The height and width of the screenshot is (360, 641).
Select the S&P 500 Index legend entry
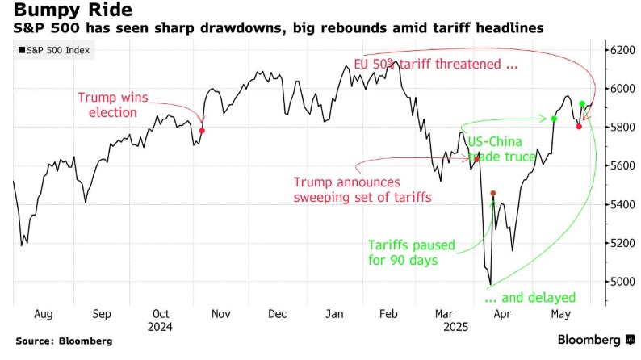pyautogui.click(x=54, y=52)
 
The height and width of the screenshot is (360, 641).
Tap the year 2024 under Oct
pyautogui.click(x=161, y=328)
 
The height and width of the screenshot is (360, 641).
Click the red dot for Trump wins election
pyautogui.click(x=202, y=130)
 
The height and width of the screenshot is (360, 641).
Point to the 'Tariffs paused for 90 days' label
pyautogui.click(x=412, y=253)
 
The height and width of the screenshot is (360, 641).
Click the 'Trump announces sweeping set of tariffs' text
pyautogui.click(x=362, y=190)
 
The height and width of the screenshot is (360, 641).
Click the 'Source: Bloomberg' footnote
pyautogui.click(x=64, y=341)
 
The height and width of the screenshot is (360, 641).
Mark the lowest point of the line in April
pyautogui.click(x=490, y=284)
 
